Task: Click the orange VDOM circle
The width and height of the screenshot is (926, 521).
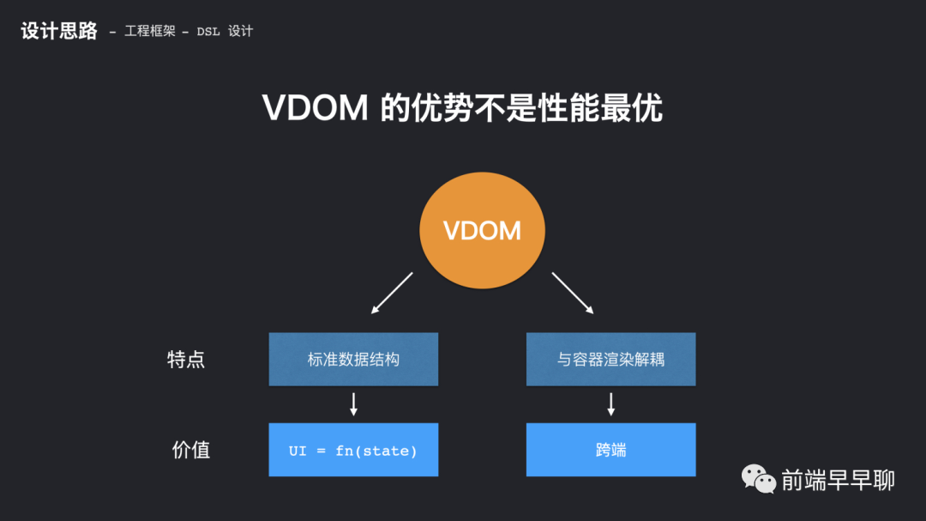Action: coord(482,230)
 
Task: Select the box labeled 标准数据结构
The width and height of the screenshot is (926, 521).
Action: coord(353,360)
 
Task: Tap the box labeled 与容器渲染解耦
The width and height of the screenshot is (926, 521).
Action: coord(610,360)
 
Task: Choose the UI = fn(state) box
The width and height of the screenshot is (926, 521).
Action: coord(353,450)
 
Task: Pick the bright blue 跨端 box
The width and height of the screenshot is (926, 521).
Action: coord(610,450)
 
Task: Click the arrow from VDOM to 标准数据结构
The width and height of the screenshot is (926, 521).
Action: coord(392,294)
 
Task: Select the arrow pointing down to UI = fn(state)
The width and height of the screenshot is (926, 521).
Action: coord(353,404)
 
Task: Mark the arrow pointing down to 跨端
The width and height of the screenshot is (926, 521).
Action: coord(610,404)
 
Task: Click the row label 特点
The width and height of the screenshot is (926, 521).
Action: coord(186,360)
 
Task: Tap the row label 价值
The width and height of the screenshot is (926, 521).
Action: coord(190,450)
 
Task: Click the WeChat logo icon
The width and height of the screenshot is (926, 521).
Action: coord(759,479)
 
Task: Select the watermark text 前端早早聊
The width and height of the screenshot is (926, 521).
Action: coord(838,480)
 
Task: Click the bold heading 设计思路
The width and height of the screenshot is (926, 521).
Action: coord(59,32)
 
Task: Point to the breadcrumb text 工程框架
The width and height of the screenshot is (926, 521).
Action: coord(150,32)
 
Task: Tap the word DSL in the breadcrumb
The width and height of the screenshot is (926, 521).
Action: coord(208,32)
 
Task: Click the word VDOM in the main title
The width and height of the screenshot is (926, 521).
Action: coord(316,109)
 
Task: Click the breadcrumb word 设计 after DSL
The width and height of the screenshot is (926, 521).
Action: coord(241,32)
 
